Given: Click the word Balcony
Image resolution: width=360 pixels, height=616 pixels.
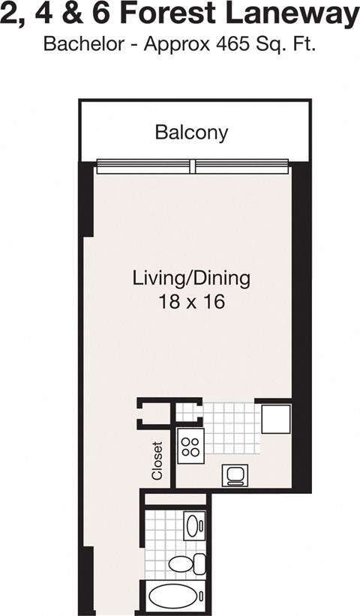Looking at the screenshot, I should click(191, 133).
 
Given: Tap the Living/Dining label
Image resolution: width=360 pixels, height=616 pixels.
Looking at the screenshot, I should click(190, 279).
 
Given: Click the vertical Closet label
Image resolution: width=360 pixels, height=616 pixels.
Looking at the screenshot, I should click(157, 460).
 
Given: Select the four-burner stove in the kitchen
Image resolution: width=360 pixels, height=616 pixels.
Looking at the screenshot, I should click(190, 447).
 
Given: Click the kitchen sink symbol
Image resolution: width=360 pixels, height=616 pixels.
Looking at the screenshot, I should click(234, 475).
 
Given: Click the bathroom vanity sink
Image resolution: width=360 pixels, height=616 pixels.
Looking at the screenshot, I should click(193, 525).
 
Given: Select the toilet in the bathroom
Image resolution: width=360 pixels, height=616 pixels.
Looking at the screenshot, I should click(187, 564).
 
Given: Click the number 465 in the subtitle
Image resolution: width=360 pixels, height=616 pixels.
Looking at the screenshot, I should click(232, 44).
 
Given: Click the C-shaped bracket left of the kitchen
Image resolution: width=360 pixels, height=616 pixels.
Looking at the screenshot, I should click(148, 414).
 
